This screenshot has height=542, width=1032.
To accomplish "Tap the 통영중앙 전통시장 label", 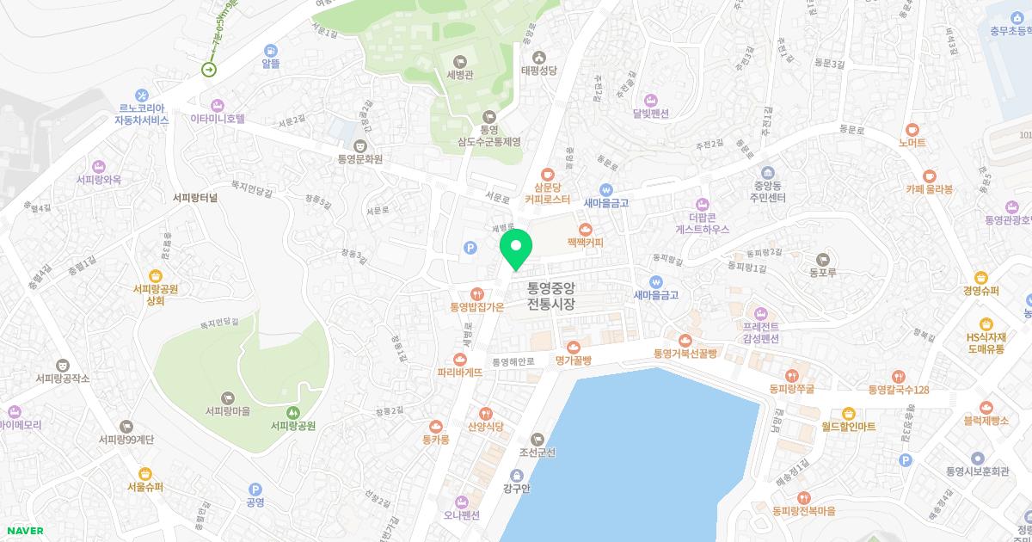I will [x=550, y=297].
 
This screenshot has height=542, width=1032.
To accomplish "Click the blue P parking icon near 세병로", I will [x=470, y=248].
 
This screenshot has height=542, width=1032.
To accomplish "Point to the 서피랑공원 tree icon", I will [x=293, y=413].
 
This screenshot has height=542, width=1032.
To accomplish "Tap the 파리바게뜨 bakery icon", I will [x=460, y=360].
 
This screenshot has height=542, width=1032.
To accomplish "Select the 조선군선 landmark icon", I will [x=538, y=439].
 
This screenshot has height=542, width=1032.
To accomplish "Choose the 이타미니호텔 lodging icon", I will [x=218, y=104].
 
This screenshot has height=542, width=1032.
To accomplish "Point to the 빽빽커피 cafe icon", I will [x=586, y=229].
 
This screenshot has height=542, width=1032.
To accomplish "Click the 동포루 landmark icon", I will [x=822, y=258].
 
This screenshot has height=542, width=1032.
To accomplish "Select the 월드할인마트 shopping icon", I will [x=848, y=413].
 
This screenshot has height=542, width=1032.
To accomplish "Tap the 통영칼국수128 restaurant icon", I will [x=899, y=376].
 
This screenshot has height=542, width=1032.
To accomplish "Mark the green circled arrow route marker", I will [x=209, y=69].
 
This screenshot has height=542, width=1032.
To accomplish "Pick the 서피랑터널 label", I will [x=195, y=197].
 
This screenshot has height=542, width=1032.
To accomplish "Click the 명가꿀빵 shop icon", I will [x=573, y=346].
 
